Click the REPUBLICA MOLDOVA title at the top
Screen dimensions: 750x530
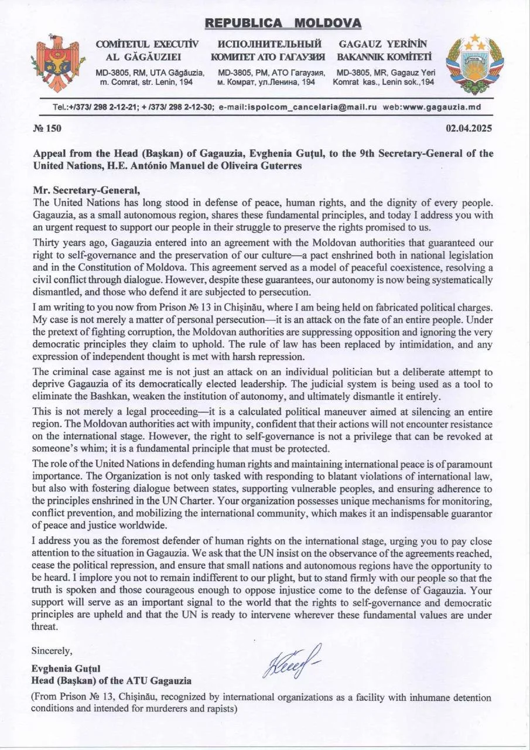coord(283,23)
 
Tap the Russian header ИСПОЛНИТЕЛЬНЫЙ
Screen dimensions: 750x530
coord(270,44)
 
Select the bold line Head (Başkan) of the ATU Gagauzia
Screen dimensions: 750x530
coord(111,680)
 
